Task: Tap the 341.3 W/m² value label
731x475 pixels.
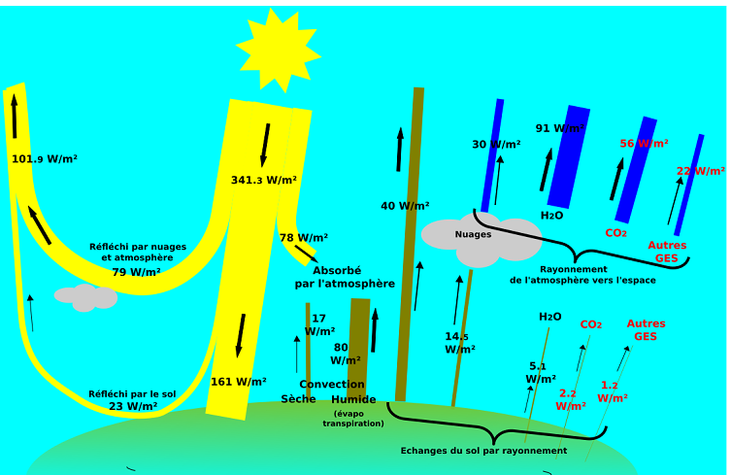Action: [x=263, y=180]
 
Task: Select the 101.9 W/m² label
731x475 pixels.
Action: [x=45, y=159]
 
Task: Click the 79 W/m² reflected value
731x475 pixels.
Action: [x=136, y=272]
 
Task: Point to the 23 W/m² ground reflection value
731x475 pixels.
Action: [x=132, y=406]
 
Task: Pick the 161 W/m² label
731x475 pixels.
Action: [x=238, y=382]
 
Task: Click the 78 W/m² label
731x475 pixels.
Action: [x=303, y=238]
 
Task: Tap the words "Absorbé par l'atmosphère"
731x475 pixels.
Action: [x=345, y=277]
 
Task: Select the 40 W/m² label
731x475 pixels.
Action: [x=405, y=206]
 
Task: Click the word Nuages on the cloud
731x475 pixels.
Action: [x=473, y=234]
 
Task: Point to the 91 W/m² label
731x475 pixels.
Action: [x=560, y=128]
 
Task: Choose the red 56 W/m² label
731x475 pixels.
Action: [x=644, y=144]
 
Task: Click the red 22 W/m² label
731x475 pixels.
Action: [x=700, y=171]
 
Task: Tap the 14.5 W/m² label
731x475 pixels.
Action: [x=459, y=343]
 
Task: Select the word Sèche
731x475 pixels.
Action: [x=298, y=399]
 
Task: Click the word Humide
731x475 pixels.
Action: [x=353, y=399]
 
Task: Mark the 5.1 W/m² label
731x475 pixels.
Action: [x=541, y=372]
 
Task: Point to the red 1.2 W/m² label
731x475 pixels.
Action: [x=612, y=391]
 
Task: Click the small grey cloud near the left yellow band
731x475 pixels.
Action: [x=85, y=297]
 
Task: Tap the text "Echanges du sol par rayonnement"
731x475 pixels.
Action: [x=483, y=451]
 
